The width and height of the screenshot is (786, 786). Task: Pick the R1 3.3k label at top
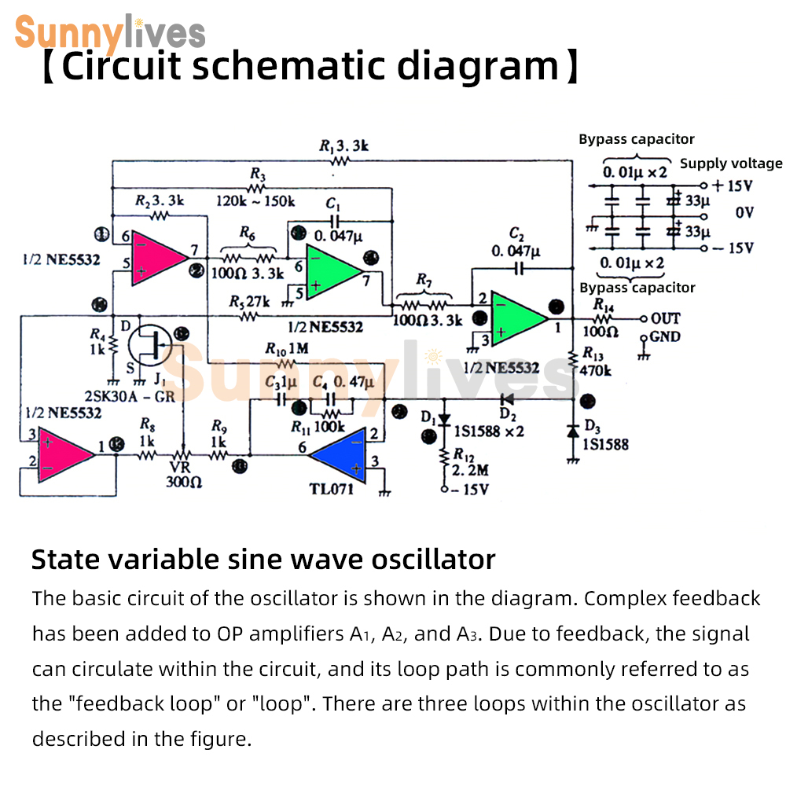tap(343, 145)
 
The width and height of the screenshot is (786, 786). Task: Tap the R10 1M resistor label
tap(286, 349)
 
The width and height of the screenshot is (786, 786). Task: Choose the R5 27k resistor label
tap(249, 302)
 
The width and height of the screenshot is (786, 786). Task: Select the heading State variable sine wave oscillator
tap(263, 560)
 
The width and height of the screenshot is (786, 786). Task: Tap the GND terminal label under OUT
tap(665, 337)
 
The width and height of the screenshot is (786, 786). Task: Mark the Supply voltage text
tap(731, 163)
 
